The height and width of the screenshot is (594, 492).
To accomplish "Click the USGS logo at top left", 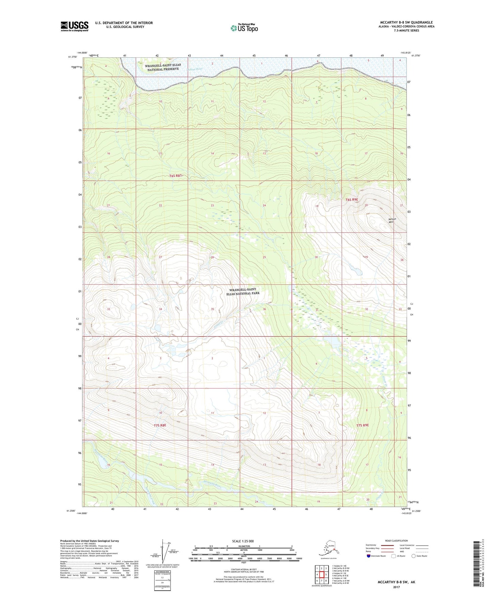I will (x=74, y=26).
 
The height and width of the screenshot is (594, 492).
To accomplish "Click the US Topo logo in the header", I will (x=244, y=28).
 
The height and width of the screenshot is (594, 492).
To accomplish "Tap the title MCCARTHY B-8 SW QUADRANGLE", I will (x=406, y=22).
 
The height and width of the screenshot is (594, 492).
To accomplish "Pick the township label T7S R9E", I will (x=363, y=425).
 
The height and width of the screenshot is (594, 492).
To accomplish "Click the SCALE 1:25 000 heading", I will (x=243, y=541).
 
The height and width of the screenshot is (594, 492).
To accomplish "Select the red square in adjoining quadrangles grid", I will (x=321, y=575).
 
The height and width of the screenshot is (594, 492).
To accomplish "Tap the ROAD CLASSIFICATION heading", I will (x=396, y=541).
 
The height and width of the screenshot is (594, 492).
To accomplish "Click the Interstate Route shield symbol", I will (x=369, y=556).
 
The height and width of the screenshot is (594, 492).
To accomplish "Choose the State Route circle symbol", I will (x=414, y=556).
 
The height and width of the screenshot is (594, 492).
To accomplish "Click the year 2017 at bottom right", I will (x=396, y=587).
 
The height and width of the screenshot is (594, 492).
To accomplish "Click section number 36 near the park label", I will (x=264, y=309).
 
